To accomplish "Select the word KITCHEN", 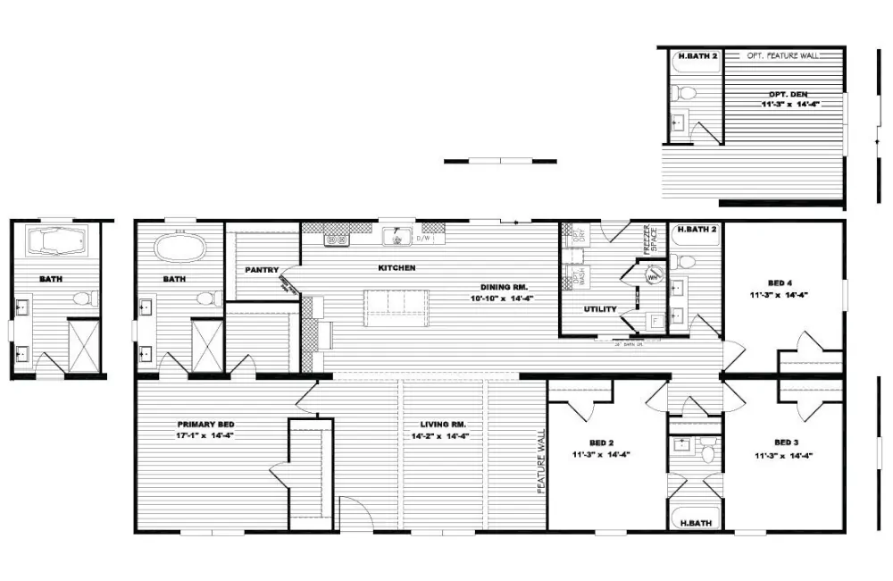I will pos(397,268).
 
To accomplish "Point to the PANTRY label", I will pos(262,270).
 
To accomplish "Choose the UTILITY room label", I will pos(600,309).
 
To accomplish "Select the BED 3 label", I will pos(785,442).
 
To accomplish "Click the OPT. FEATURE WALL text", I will pos(782,55).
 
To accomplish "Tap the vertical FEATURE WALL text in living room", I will pos(540,461).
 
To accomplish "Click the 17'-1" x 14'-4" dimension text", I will pos(204,436).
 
